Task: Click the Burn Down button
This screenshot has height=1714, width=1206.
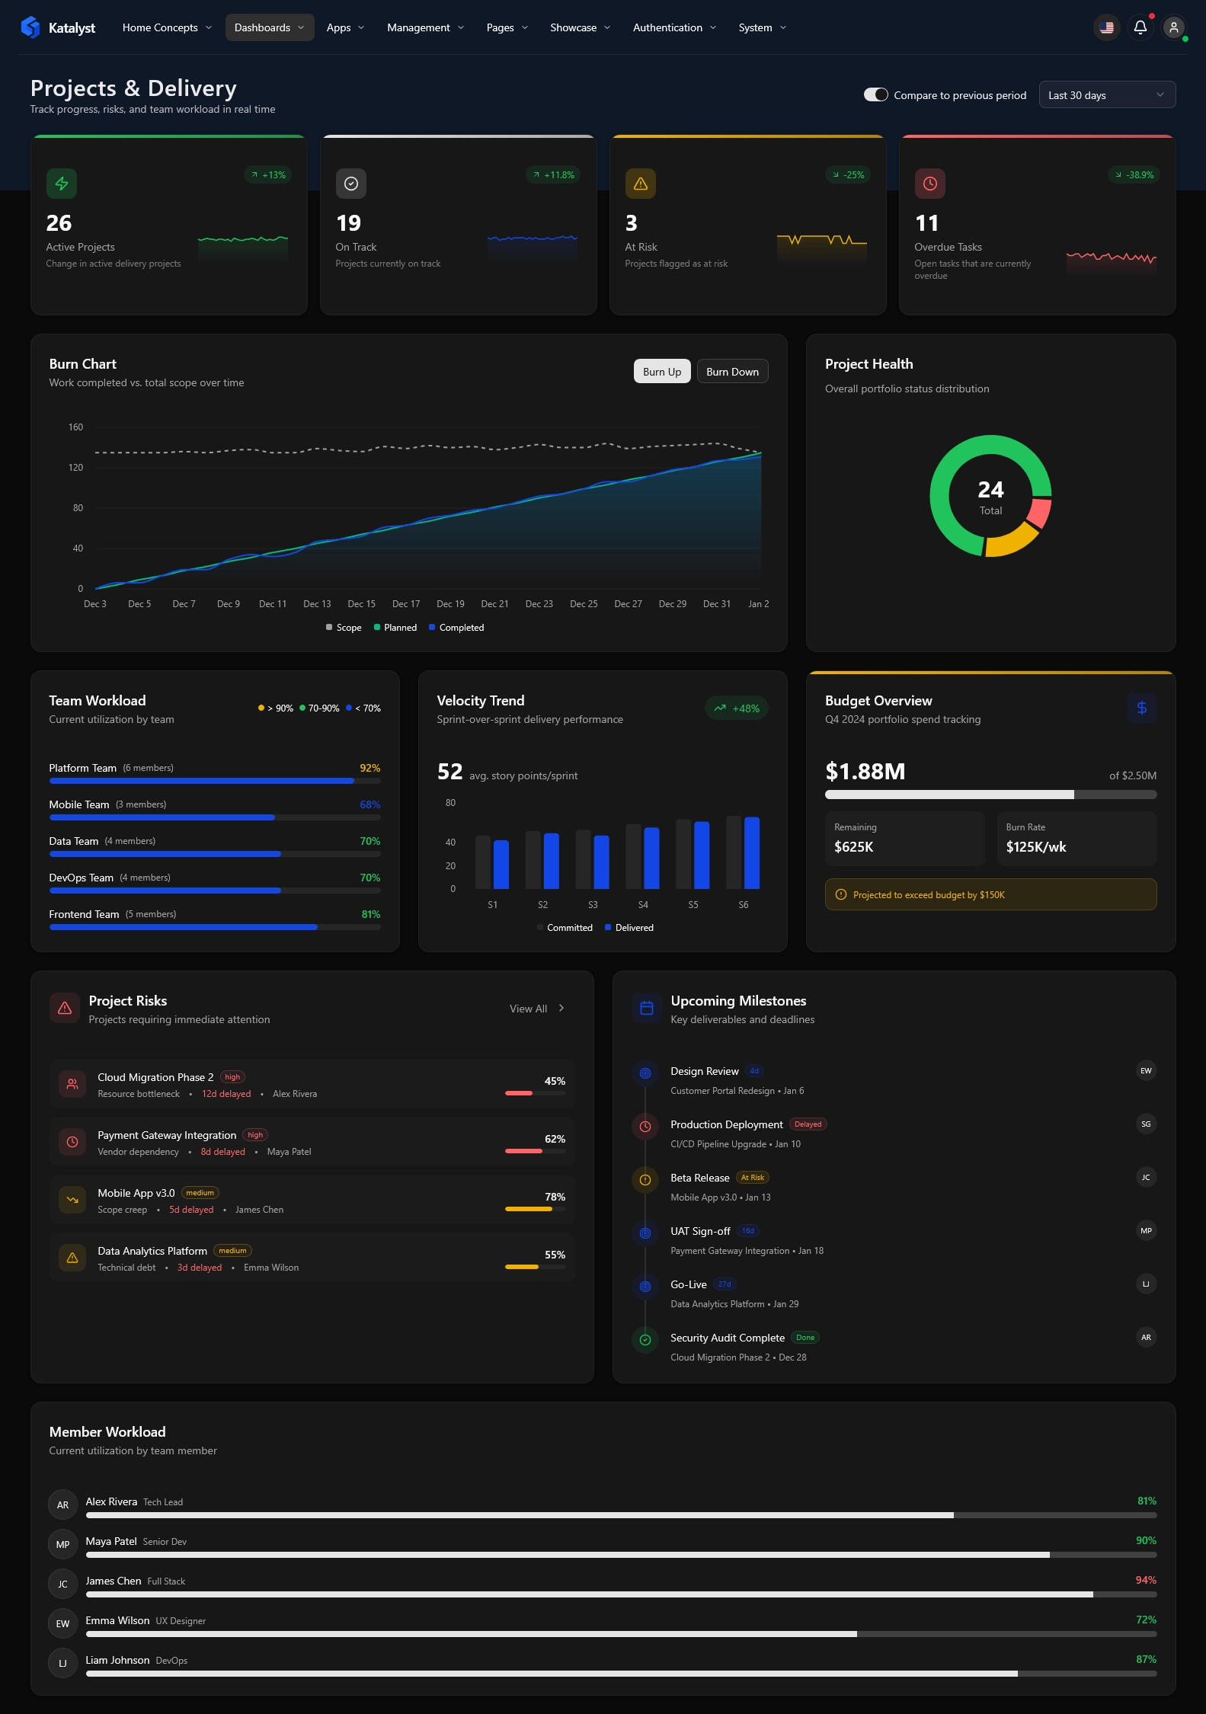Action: coord(732,372)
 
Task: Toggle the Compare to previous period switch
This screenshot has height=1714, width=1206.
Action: coord(875,95)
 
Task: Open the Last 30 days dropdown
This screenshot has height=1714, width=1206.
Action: coord(1106,95)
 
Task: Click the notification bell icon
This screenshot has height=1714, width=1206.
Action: coord(1140,27)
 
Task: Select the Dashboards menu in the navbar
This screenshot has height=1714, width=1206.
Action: coord(269,27)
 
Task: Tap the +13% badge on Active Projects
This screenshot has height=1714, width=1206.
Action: coord(268,175)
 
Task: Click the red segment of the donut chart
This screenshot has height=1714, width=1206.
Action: coord(1039,513)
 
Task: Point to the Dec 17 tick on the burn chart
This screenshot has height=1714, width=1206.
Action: coord(405,604)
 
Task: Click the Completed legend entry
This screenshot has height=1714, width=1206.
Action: coord(456,628)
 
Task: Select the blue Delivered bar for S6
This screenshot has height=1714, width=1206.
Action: coord(752,852)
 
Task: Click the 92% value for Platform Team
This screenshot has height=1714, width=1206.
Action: coord(369,768)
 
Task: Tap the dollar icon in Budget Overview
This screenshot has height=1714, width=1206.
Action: coord(1141,708)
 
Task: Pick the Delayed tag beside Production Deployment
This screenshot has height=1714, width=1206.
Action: coord(808,1124)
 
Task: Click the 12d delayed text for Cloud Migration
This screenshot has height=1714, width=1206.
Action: coord(226,1094)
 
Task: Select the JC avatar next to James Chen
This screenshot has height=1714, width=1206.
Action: coord(62,1584)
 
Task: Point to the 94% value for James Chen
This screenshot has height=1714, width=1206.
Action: coord(1145,1580)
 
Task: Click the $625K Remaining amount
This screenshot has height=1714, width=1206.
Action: coord(853,847)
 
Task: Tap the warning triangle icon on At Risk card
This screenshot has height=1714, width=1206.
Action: coord(640,184)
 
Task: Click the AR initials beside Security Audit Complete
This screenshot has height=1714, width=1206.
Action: coord(1146,1338)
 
